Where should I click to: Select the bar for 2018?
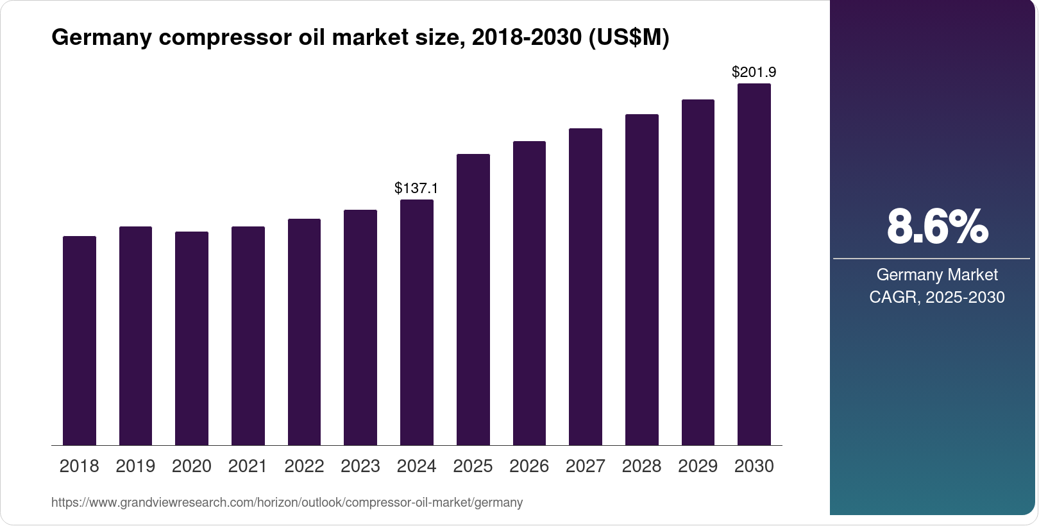coord(80,341)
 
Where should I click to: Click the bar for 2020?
coord(192,339)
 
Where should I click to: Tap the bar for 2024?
coord(417,323)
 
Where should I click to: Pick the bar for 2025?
coord(473,300)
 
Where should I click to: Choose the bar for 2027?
coord(586,287)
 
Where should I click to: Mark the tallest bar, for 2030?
coord(754,264)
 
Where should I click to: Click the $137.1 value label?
coord(416,188)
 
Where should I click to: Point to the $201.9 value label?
coord(754,72)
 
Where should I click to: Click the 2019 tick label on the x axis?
coord(135,466)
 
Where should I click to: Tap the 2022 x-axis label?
coord(304,466)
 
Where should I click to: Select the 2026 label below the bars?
coord(529,466)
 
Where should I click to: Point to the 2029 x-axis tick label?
coord(698,466)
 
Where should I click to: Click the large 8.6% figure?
coord(937,227)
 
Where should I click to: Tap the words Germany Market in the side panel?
coord(937,275)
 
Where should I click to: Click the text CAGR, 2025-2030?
coord(937,297)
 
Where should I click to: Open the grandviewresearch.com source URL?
coord(287,502)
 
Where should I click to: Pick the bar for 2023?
coord(360,328)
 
